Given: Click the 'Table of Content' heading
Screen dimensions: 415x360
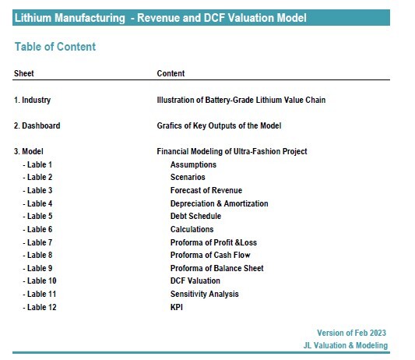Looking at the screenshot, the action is (x=55, y=47).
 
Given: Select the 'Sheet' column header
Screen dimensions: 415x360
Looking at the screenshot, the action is (x=24, y=73).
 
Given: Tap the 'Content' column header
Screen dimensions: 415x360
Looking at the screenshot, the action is (x=171, y=73).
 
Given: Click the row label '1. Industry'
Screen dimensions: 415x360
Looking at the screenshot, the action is (x=32, y=101).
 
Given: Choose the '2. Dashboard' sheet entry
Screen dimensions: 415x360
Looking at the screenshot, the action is (x=37, y=125).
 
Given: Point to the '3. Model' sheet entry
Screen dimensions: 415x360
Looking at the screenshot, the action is (x=29, y=151).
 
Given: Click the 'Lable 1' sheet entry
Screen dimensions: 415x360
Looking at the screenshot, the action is (x=37, y=164).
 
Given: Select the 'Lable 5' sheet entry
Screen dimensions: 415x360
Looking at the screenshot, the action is (x=37, y=216).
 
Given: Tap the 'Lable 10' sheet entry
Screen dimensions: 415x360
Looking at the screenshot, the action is (x=40, y=281).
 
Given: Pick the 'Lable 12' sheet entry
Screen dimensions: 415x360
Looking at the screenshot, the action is (x=40, y=307).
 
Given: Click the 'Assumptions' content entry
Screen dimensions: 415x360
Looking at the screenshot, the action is (x=193, y=164).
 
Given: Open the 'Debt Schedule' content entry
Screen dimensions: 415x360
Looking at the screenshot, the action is (x=195, y=216).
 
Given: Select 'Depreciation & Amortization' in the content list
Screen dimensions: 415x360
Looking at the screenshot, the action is (x=219, y=203).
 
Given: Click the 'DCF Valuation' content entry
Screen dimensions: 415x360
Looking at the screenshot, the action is (x=195, y=281).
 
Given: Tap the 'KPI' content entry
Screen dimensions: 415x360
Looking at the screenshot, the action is (x=177, y=307).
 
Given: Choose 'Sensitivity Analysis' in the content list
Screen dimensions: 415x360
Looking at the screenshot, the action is (x=204, y=294).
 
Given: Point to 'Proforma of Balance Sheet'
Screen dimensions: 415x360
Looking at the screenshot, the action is (x=216, y=268).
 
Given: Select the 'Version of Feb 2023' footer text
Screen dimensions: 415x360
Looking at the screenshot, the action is (x=351, y=333).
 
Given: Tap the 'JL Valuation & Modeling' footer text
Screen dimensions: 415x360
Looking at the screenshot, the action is (x=346, y=345).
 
